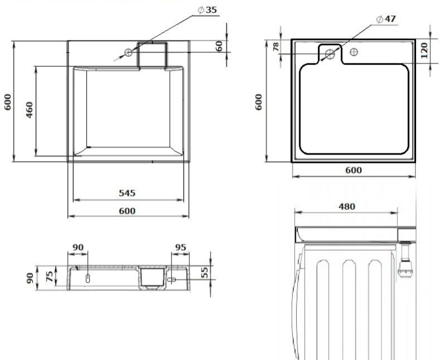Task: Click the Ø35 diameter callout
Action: [x=207, y=10]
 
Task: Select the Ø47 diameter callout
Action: [x=386, y=19]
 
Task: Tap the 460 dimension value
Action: [x=29, y=110]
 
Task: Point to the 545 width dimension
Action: [x=127, y=193]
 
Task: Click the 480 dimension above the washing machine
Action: [x=347, y=206]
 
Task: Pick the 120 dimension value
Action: [x=424, y=51]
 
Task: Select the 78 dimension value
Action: [x=276, y=46]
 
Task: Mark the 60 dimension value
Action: [x=219, y=46]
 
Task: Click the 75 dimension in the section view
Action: [x=49, y=276]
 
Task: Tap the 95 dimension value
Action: [x=180, y=248]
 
